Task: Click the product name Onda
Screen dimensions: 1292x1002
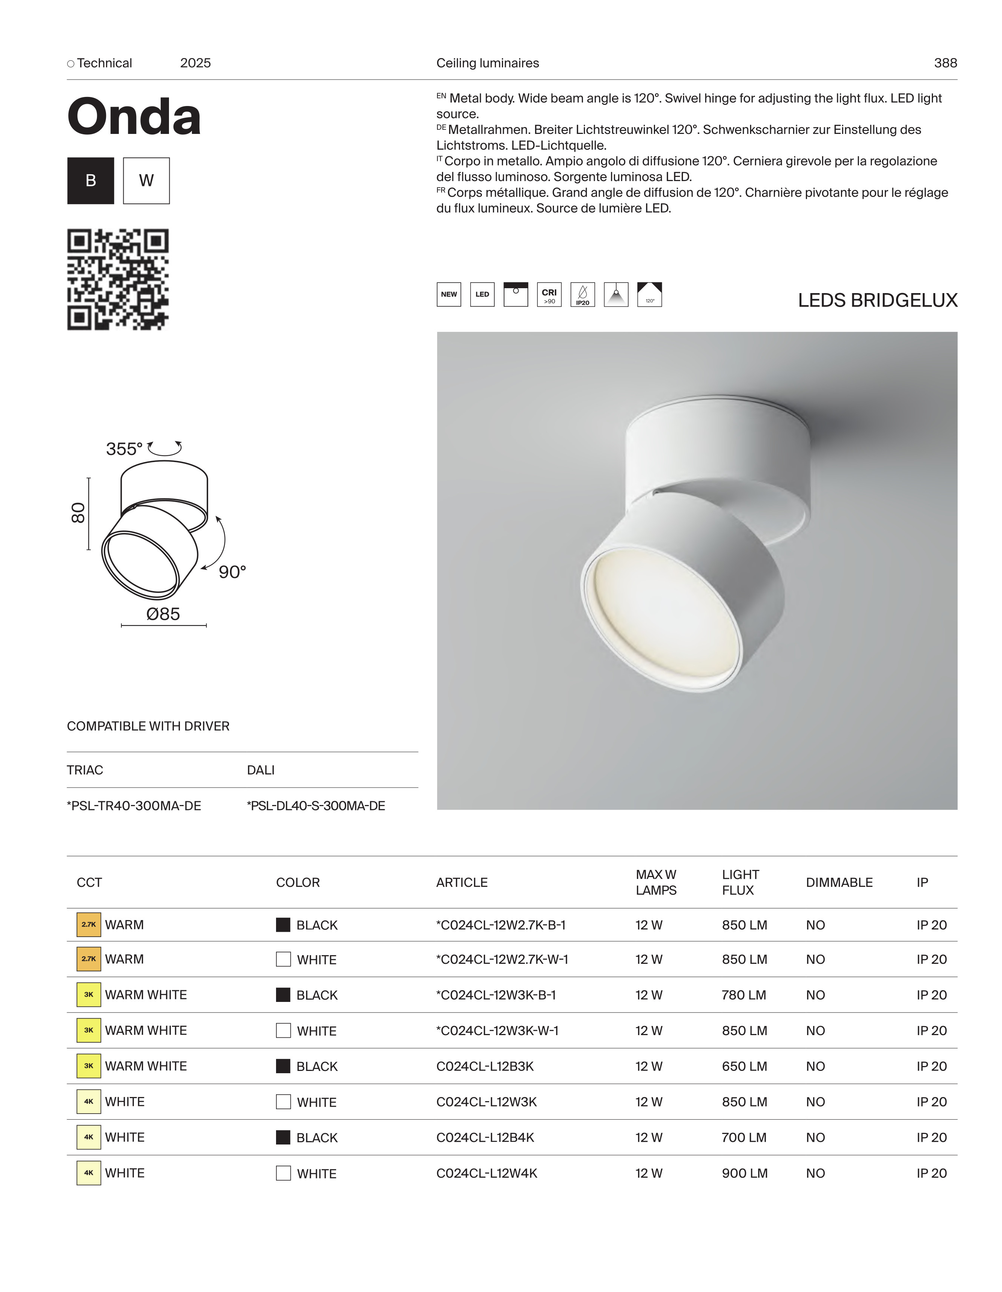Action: click(x=134, y=117)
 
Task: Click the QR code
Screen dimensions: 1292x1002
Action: click(x=118, y=279)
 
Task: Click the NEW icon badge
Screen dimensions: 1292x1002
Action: click(x=448, y=295)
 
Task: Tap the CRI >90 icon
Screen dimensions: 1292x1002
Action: click(x=549, y=295)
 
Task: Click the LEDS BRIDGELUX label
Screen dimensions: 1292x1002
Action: click(x=877, y=301)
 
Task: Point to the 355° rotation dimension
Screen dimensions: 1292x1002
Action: click(x=124, y=449)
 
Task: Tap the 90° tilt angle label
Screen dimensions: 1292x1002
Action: click(x=232, y=572)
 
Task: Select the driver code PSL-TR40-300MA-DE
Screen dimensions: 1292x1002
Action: click(x=134, y=806)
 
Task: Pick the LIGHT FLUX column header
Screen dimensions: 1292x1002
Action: click(x=740, y=882)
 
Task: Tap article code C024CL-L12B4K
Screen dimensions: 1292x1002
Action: click(x=485, y=1137)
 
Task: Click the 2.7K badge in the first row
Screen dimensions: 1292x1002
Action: click(x=89, y=925)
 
